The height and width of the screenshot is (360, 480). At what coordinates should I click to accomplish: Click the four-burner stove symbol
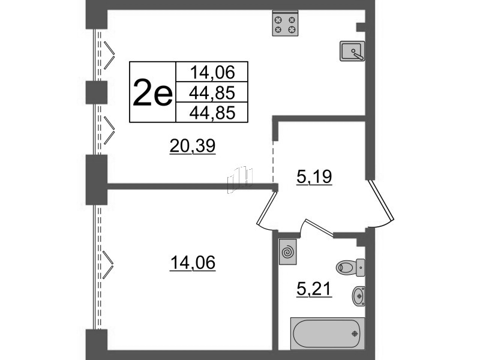pos(285,25)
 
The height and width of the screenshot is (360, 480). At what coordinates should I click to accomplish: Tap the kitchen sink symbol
pos(352,51)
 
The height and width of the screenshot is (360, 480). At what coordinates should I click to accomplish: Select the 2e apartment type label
pos(152,92)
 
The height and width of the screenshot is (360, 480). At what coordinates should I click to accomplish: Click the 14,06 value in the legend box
pos(211,73)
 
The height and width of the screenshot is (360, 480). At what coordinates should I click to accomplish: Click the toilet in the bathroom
pos(350,265)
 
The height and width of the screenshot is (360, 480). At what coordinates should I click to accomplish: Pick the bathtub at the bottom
pos(328,333)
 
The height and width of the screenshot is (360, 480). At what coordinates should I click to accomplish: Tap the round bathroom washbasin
pos(358,294)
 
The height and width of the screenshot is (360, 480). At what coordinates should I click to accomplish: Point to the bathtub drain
pos(355,334)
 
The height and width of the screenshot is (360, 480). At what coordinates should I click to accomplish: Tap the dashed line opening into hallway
pos(274,159)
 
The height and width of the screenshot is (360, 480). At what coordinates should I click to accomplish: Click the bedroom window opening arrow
pos(109,265)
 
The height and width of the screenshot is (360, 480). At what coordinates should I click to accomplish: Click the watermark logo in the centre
pos(241,179)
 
